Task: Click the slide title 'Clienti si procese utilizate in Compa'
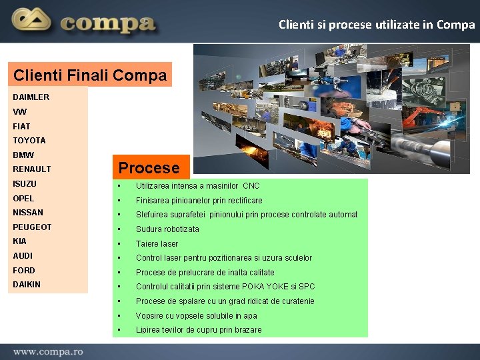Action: [377, 25]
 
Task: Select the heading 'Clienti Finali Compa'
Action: [90, 75]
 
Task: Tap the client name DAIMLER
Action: [31, 97]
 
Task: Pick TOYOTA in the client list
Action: [29, 141]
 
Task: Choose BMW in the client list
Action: [23, 155]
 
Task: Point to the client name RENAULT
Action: [31, 169]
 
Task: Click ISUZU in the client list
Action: [25, 184]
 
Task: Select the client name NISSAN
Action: [28, 213]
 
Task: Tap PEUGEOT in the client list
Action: [32, 227]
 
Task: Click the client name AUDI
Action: [23, 256]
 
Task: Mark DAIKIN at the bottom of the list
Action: [27, 285]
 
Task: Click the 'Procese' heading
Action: [149, 168]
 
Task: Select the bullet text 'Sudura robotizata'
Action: [167, 229]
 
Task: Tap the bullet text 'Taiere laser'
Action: [157, 244]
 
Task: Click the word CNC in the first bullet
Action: [251, 186]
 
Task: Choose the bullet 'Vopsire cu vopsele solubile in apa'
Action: [196, 316]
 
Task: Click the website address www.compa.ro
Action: [47, 351]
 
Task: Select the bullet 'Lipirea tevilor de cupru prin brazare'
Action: [199, 330]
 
